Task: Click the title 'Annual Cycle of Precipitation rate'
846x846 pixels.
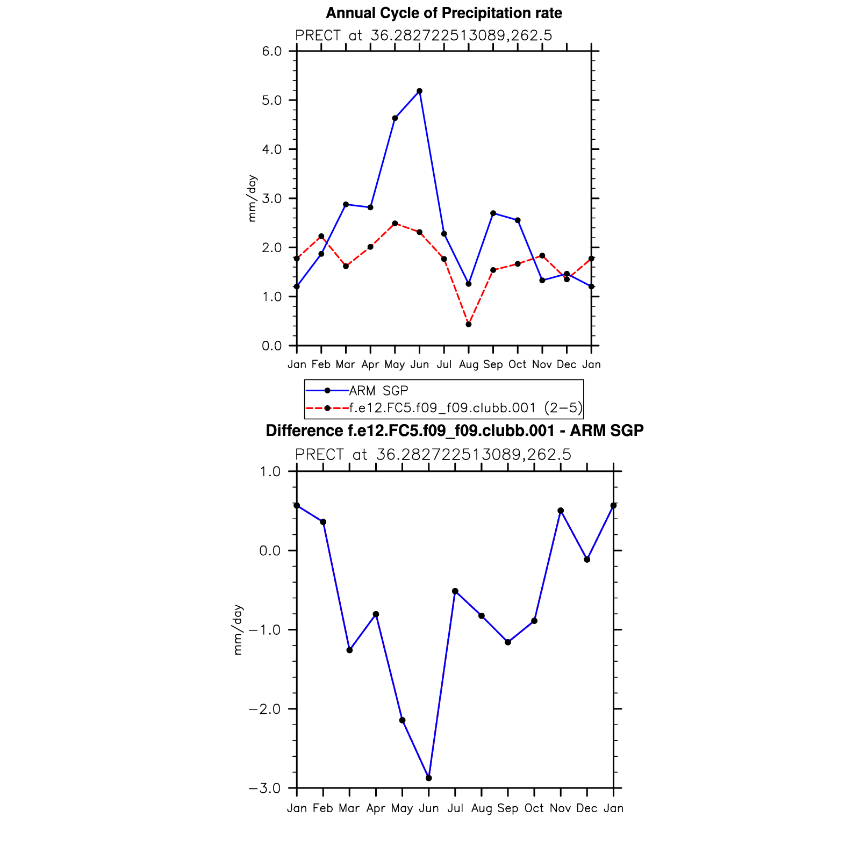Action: click(x=444, y=13)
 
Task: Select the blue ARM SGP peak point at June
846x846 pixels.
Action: click(x=419, y=91)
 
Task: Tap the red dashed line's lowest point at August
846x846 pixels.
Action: click(x=469, y=325)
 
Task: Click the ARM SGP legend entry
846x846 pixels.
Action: click(x=378, y=391)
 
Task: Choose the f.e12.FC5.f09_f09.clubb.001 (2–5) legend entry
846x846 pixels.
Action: click(x=465, y=408)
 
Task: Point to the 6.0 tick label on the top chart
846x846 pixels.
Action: click(x=271, y=52)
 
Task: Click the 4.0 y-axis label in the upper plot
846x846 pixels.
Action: click(x=271, y=149)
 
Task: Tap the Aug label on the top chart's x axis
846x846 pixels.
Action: click(x=469, y=365)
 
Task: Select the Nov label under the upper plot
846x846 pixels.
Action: click(x=542, y=365)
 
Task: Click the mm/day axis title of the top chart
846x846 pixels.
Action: click(x=252, y=198)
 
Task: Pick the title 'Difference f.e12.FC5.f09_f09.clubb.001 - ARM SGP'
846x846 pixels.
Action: click(x=455, y=431)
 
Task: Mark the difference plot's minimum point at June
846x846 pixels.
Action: click(x=428, y=778)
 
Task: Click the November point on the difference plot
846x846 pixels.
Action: click(x=561, y=511)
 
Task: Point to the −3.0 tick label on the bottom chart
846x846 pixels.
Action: click(x=264, y=788)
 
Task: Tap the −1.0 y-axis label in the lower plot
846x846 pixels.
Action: click(x=264, y=630)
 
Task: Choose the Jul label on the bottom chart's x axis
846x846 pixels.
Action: click(x=455, y=808)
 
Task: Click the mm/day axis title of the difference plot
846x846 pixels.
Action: click(x=238, y=630)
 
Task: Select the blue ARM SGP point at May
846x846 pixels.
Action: click(x=395, y=118)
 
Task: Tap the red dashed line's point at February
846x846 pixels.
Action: click(x=321, y=236)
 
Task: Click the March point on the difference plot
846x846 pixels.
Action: click(x=349, y=650)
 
